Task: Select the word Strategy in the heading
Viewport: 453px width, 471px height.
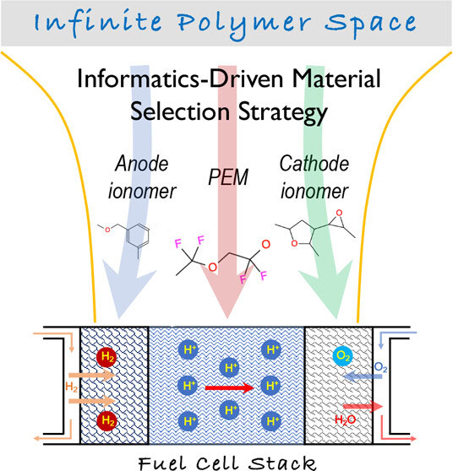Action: coord(283,113)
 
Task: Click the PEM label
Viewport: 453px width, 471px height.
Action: coord(228,177)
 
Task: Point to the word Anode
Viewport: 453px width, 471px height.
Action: coord(141,164)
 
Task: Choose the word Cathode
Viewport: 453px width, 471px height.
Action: coord(314,164)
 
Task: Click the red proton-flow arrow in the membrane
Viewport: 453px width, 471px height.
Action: coord(230,387)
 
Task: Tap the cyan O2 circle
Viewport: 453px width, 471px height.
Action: coord(343,356)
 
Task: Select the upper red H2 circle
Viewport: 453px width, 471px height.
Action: coord(107,357)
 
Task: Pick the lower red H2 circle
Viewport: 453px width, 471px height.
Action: coord(107,420)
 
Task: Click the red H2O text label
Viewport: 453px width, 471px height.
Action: coord(346,420)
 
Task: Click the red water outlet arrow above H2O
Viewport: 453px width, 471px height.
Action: coord(363,406)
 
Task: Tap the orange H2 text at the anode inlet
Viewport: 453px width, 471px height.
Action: coord(72,387)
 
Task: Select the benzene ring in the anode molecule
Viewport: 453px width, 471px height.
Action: coord(138,235)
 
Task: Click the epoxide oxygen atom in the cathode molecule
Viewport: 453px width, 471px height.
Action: coord(339,213)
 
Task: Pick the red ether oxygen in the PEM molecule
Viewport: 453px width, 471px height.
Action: coord(212,267)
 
